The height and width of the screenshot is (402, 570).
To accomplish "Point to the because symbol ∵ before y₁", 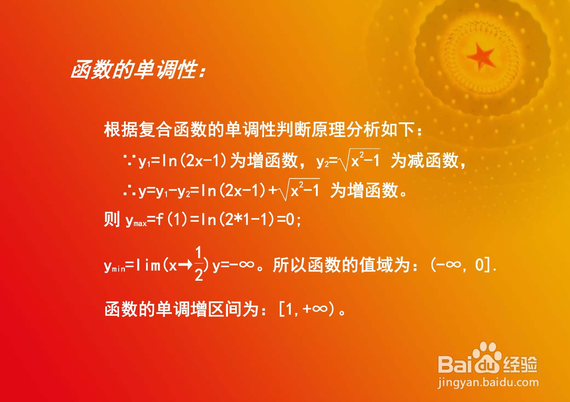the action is [x=128, y=160].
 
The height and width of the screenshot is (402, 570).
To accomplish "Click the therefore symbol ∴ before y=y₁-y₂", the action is [x=129, y=191].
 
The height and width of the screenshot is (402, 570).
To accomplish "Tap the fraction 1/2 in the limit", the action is [x=199, y=264].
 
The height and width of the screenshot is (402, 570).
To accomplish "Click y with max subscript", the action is [x=136, y=220].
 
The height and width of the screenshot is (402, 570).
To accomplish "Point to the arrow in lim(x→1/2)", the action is [x=185, y=265].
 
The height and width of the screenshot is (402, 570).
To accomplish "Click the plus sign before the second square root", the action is [x=273, y=190].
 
